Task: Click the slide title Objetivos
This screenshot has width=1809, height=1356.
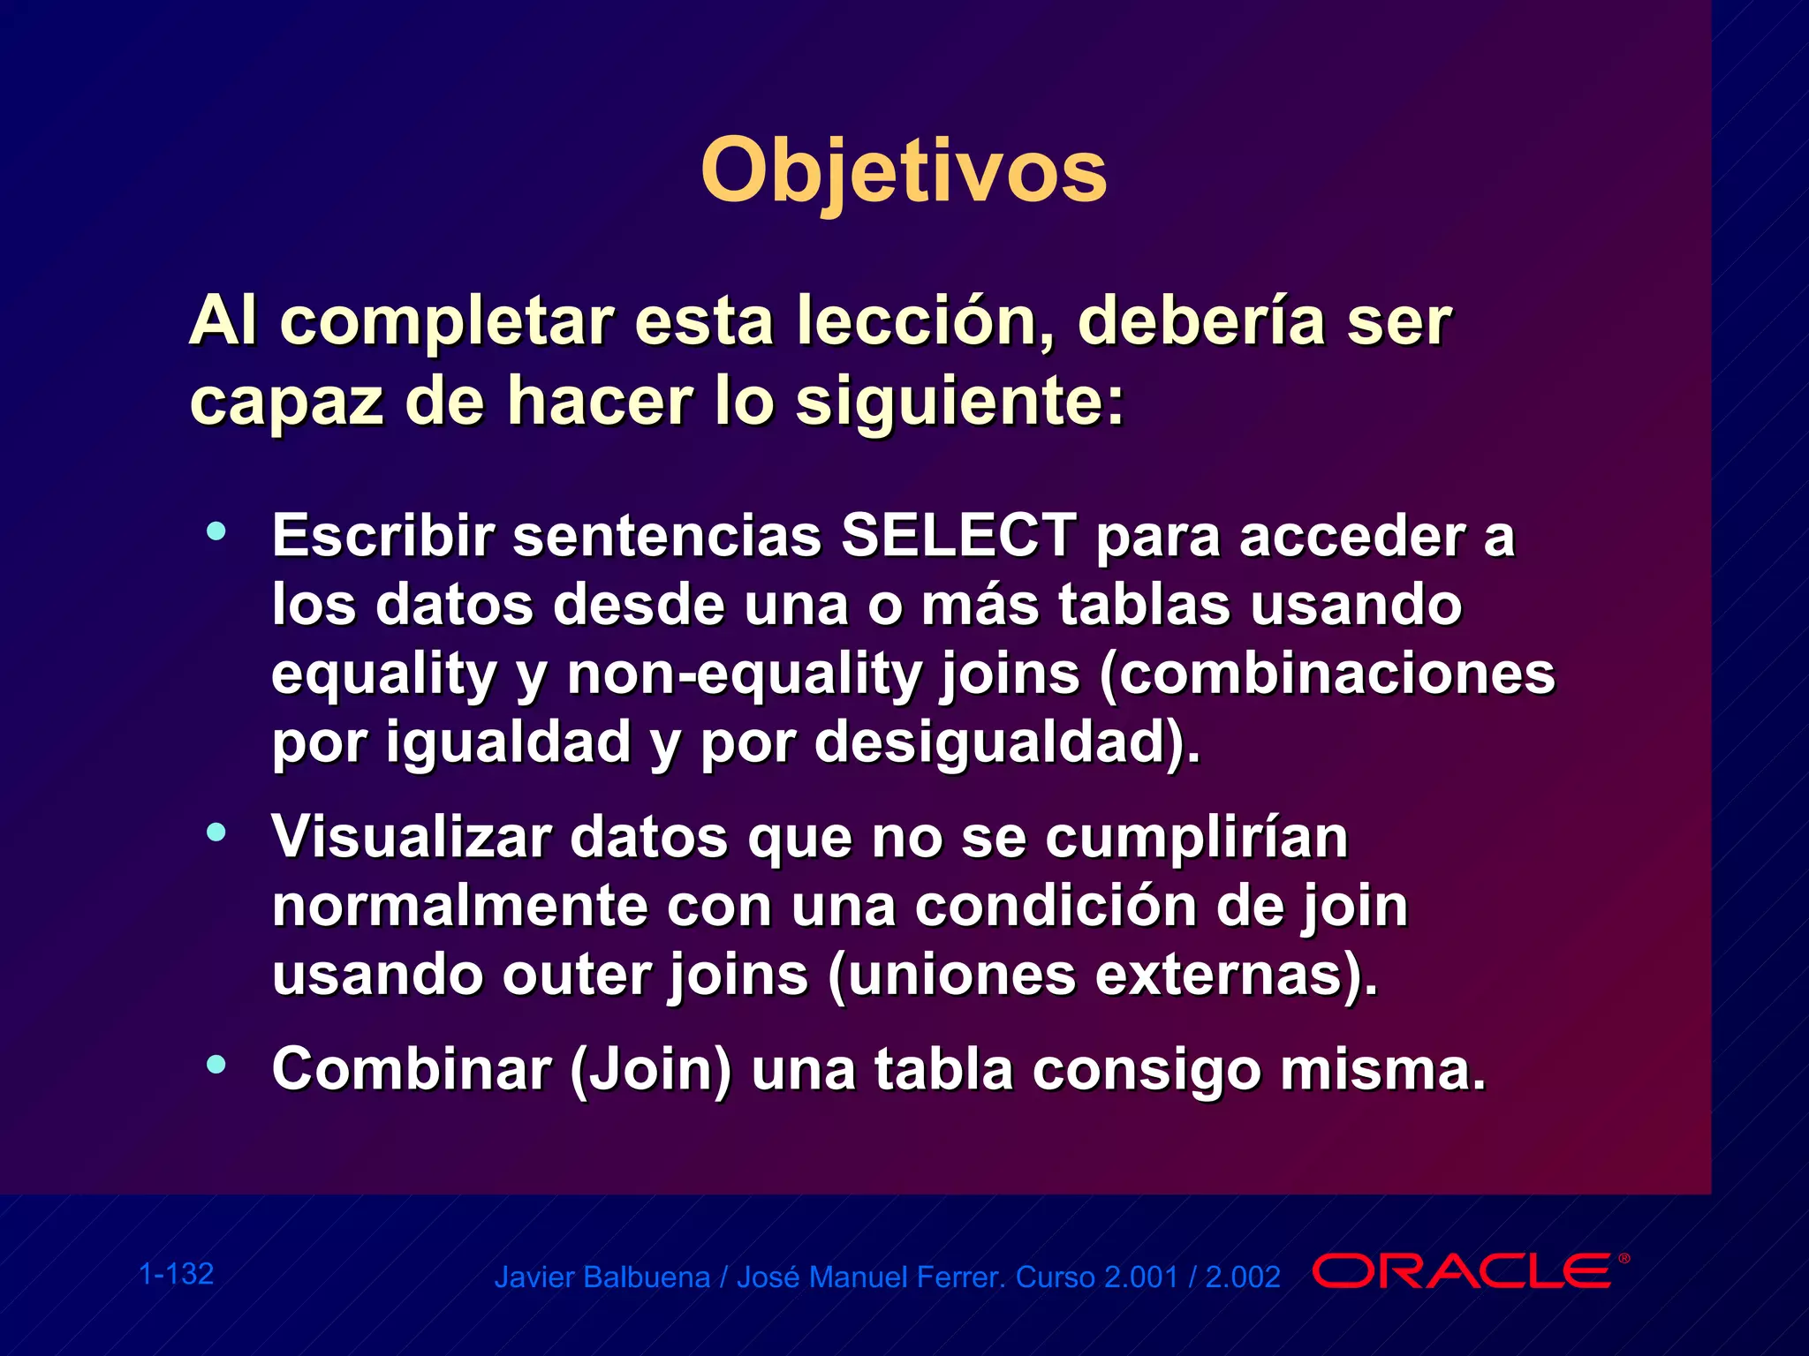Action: point(903,170)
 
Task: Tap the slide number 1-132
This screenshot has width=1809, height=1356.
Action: point(177,1274)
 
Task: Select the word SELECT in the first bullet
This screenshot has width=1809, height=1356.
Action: point(957,536)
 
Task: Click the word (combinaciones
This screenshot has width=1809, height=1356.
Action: point(1327,674)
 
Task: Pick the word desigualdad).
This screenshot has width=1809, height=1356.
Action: point(1007,742)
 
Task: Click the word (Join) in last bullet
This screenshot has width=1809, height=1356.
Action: point(651,1070)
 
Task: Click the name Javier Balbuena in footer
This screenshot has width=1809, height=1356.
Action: point(602,1277)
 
